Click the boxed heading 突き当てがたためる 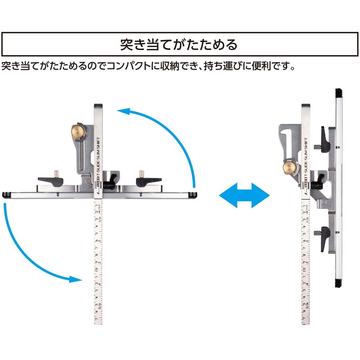180,45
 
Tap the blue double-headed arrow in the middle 244,195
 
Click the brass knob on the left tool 79,131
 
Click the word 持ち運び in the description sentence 228,67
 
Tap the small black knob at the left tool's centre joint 108,184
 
